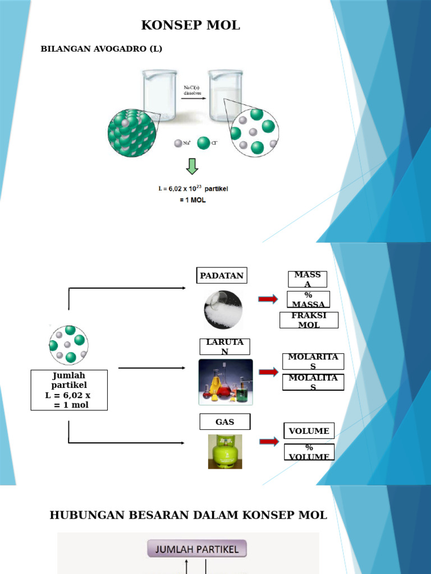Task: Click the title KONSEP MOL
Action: point(191,25)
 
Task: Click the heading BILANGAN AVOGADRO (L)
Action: point(102,49)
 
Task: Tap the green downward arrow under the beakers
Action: point(192,166)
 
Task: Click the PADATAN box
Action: point(222,276)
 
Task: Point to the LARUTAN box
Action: point(224,346)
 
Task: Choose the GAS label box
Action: point(224,422)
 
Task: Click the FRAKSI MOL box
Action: point(309,320)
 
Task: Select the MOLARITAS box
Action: point(313,362)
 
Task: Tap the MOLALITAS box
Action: point(313,382)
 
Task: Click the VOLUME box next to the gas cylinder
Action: point(309,431)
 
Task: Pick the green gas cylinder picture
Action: point(225,451)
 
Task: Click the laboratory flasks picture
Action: point(226,382)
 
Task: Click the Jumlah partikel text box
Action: point(68,390)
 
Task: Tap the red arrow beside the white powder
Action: point(268,299)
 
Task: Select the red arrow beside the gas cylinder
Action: point(269,442)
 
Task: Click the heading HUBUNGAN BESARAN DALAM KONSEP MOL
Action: point(189,515)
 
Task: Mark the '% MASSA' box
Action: point(308,299)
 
